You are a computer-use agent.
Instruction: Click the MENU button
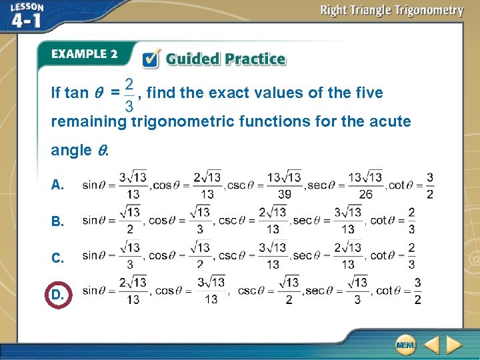[405, 345]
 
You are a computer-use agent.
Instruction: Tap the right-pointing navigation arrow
[454, 345]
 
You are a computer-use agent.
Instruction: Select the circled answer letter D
[57, 293]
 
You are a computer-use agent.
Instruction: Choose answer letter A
[57, 185]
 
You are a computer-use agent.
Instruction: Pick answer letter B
[57, 221]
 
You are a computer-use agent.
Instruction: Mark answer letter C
[57, 257]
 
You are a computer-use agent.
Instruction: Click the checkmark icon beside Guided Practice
[151, 58]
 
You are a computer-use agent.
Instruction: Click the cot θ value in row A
[430, 185]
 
